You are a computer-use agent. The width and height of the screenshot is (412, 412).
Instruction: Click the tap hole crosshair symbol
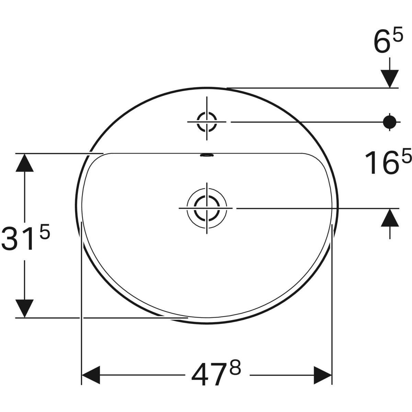point(207,122)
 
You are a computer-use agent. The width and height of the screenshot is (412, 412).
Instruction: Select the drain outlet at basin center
point(207,208)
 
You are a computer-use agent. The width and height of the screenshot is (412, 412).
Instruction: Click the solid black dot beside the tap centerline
point(389,122)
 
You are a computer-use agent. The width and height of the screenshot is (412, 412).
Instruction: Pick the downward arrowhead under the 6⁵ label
point(389,78)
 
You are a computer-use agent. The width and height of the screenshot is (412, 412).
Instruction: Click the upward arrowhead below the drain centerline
point(389,218)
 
